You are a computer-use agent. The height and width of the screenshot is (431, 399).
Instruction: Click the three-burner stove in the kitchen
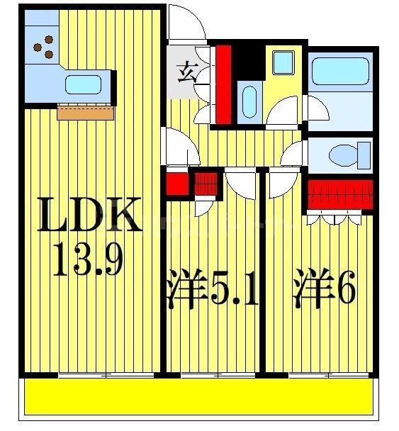(43, 46)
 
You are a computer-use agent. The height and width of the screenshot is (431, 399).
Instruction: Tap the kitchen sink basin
(82, 84)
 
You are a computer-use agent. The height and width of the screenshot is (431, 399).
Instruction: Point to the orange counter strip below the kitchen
(85, 112)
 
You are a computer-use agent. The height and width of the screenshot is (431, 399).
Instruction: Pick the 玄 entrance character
(186, 73)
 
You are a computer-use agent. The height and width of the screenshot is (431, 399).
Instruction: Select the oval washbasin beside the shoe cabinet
(249, 101)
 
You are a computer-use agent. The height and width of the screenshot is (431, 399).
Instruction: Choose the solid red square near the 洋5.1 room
(176, 184)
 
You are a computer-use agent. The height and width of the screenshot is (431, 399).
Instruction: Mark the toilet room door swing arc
(292, 155)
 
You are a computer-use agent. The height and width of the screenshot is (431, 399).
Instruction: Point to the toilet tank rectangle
(364, 153)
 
